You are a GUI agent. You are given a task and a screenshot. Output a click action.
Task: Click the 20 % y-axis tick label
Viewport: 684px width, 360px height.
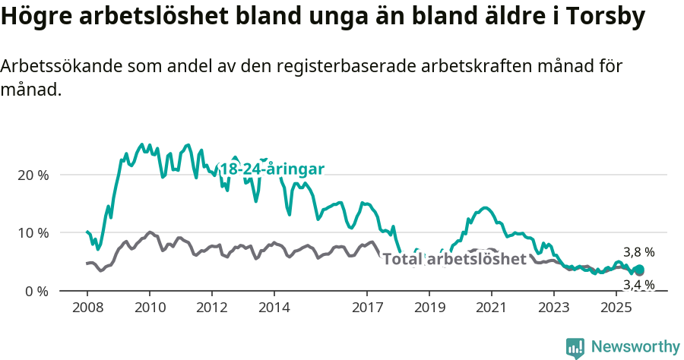point(33,175)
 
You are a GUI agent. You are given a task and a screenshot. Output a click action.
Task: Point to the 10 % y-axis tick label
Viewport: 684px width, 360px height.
point(33,233)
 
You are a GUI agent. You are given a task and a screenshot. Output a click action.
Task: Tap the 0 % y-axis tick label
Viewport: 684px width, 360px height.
point(36,291)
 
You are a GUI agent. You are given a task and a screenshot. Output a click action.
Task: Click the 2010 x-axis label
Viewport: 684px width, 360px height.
point(149,308)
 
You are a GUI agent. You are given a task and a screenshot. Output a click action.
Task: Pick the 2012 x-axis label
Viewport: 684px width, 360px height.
point(211,308)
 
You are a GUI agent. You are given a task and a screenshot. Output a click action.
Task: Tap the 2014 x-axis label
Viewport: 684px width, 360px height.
point(274,308)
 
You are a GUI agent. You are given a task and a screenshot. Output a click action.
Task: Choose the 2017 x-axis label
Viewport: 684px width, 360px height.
point(367,308)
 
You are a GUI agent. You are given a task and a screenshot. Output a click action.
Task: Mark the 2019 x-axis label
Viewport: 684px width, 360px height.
point(429,308)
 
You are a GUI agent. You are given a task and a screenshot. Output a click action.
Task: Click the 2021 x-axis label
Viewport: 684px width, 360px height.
point(491,308)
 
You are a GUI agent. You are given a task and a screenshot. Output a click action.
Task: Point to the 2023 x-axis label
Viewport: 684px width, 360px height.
point(553,308)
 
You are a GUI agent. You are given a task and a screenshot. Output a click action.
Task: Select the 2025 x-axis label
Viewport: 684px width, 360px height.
point(616,308)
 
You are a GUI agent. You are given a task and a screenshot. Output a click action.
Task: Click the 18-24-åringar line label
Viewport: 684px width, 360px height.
point(271,169)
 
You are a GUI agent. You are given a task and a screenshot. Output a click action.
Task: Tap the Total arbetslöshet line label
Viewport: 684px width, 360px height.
point(454,259)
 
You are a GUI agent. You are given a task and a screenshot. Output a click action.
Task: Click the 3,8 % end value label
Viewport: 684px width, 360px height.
point(638,252)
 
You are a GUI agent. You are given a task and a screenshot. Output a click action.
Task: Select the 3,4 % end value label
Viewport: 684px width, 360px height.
point(638,285)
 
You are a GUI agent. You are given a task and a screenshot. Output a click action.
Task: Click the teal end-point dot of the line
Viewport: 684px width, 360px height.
point(639,270)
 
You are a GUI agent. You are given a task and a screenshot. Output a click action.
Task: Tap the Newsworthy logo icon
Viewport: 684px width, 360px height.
point(575,348)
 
